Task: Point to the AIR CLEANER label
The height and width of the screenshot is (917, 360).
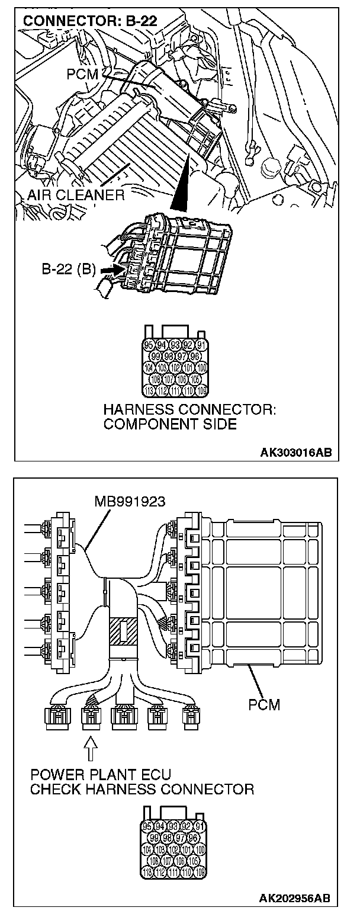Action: pyautogui.click(x=76, y=195)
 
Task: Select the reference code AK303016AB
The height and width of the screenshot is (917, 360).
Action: pyautogui.click(x=296, y=453)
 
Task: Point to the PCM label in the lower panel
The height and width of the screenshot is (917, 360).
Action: pyautogui.click(x=265, y=704)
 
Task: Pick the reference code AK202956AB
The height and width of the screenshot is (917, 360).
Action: pyautogui.click(x=296, y=899)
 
